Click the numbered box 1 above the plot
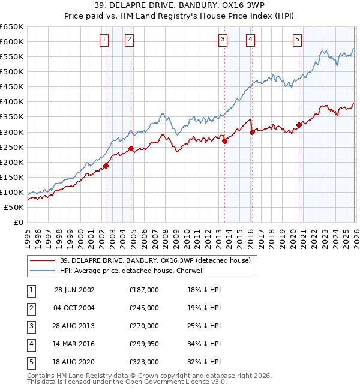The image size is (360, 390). [104, 40]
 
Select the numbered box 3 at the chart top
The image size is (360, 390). [223, 40]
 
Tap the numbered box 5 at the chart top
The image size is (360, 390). [298, 40]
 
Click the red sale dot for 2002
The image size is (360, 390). [106, 166]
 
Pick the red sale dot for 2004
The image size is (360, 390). [130, 148]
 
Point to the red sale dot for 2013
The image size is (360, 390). [224, 141]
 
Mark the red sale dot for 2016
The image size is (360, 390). [252, 132]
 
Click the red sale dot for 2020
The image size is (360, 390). [299, 125]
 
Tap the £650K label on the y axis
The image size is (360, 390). [12, 27]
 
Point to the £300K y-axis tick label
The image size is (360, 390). [12, 132]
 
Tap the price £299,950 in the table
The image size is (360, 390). [143, 344]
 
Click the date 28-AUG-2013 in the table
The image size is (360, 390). [74, 326]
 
